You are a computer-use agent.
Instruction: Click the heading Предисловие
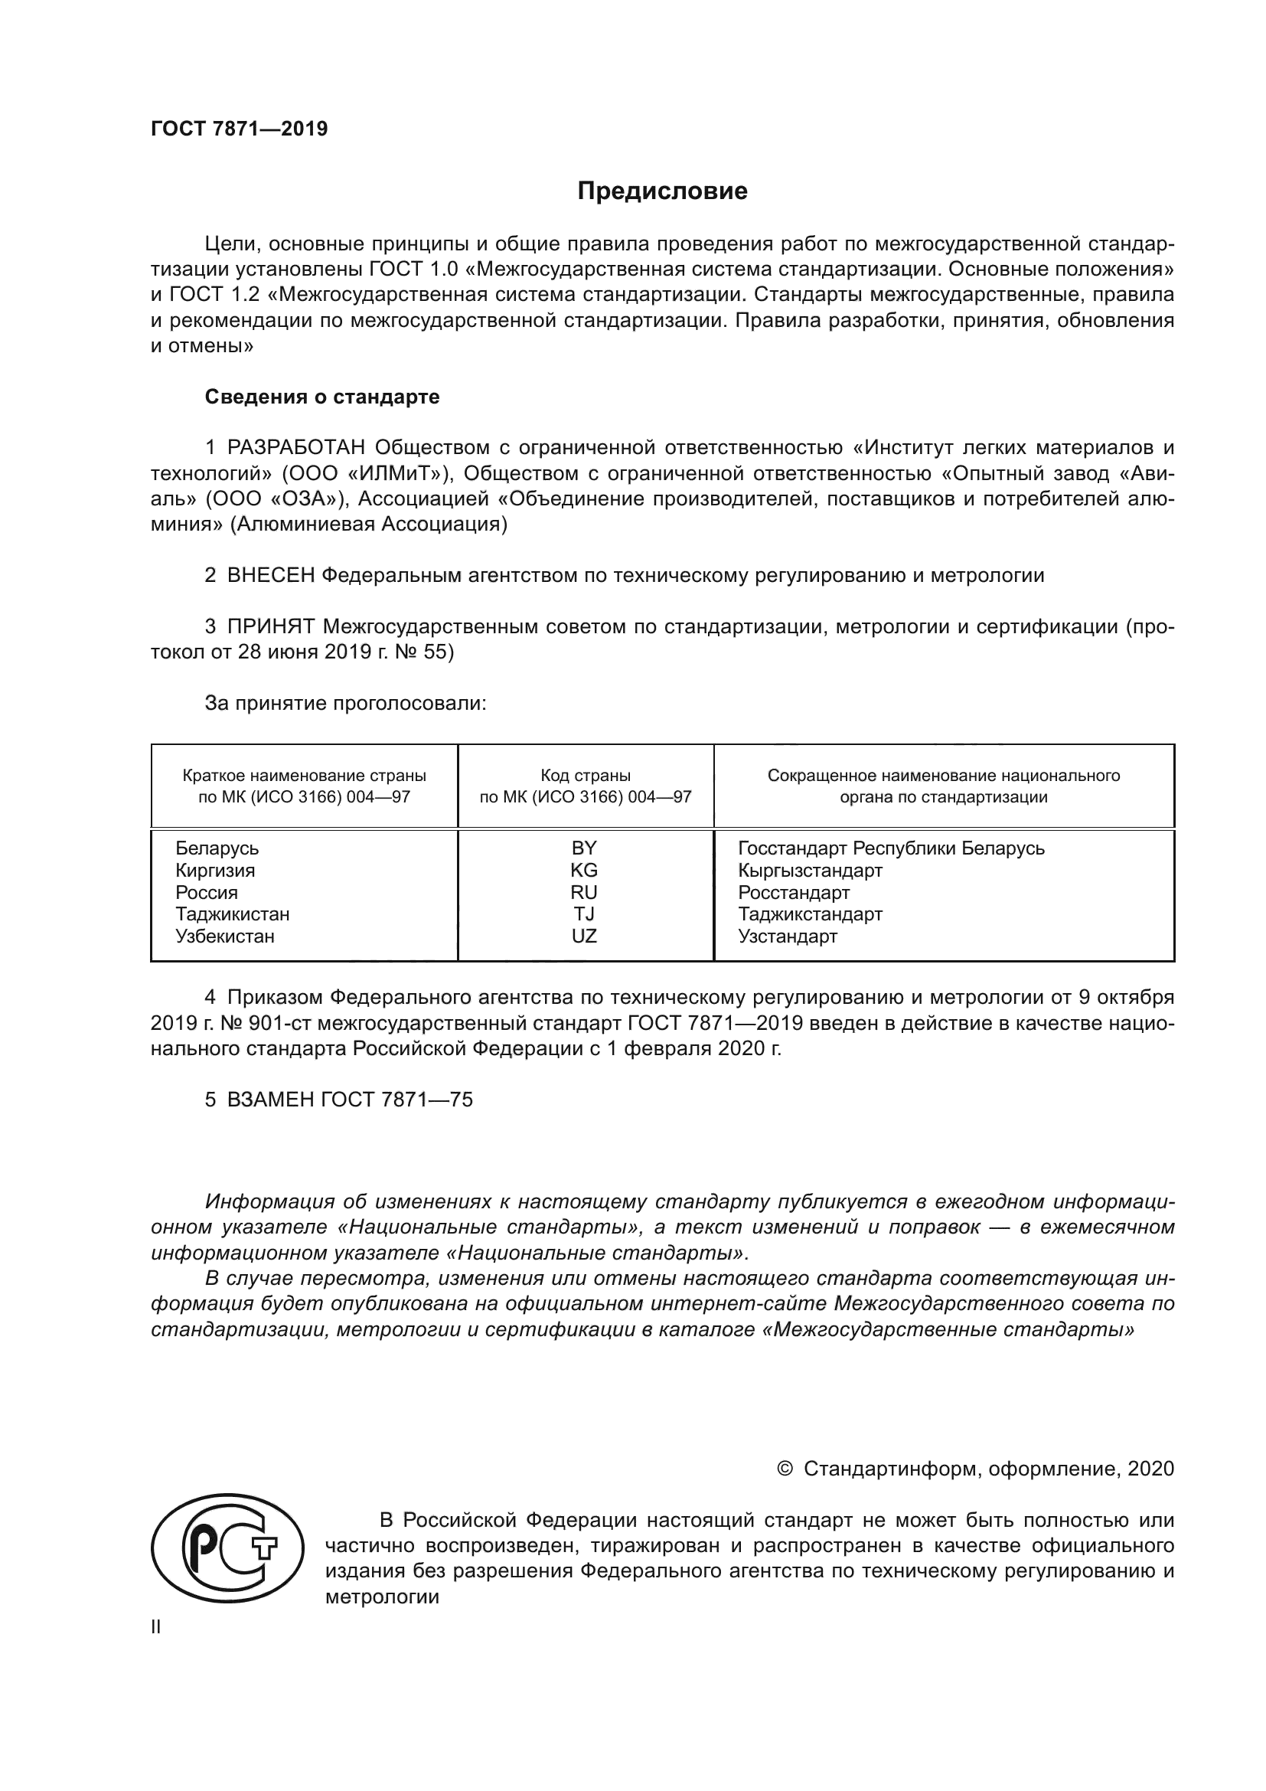662,191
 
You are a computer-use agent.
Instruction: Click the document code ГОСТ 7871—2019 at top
240,129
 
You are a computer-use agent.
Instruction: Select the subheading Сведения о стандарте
322,397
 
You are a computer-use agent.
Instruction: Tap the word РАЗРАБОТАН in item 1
296,448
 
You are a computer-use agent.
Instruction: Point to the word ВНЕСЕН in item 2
270,576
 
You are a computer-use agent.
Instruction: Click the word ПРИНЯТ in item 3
270,626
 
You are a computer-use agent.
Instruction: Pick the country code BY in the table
584,848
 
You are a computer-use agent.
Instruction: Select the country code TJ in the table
584,913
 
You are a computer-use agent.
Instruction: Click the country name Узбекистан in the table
224,936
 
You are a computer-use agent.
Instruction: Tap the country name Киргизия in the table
215,871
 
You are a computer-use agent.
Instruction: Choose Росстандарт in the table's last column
794,892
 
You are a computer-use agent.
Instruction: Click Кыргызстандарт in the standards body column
810,871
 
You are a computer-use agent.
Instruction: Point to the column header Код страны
586,776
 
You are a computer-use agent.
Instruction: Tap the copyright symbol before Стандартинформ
785,1469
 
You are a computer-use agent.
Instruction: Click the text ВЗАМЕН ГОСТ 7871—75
349,1100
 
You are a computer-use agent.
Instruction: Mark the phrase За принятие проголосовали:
345,703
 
